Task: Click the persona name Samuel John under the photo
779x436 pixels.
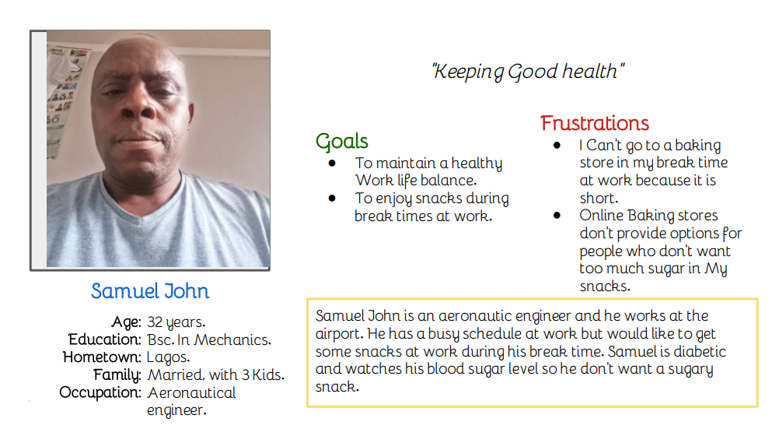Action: tap(149, 291)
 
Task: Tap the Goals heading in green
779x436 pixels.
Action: tap(342, 142)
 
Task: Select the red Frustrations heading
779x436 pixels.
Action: tap(595, 123)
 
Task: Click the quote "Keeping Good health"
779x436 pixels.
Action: tap(528, 71)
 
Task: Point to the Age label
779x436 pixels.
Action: tap(126, 322)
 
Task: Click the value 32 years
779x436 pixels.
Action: tap(176, 322)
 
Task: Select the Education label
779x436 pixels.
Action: tap(105, 339)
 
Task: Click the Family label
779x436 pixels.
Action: tap(117, 374)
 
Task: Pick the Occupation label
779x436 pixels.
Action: tap(100, 392)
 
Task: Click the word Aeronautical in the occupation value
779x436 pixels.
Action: tap(192, 392)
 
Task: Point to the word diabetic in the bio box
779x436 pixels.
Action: tap(700, 351)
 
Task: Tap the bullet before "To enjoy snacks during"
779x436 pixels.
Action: tap(332, 198)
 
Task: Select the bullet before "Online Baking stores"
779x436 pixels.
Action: tap(557, 216)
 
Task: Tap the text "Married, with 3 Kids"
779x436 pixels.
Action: tap(215, 374)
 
